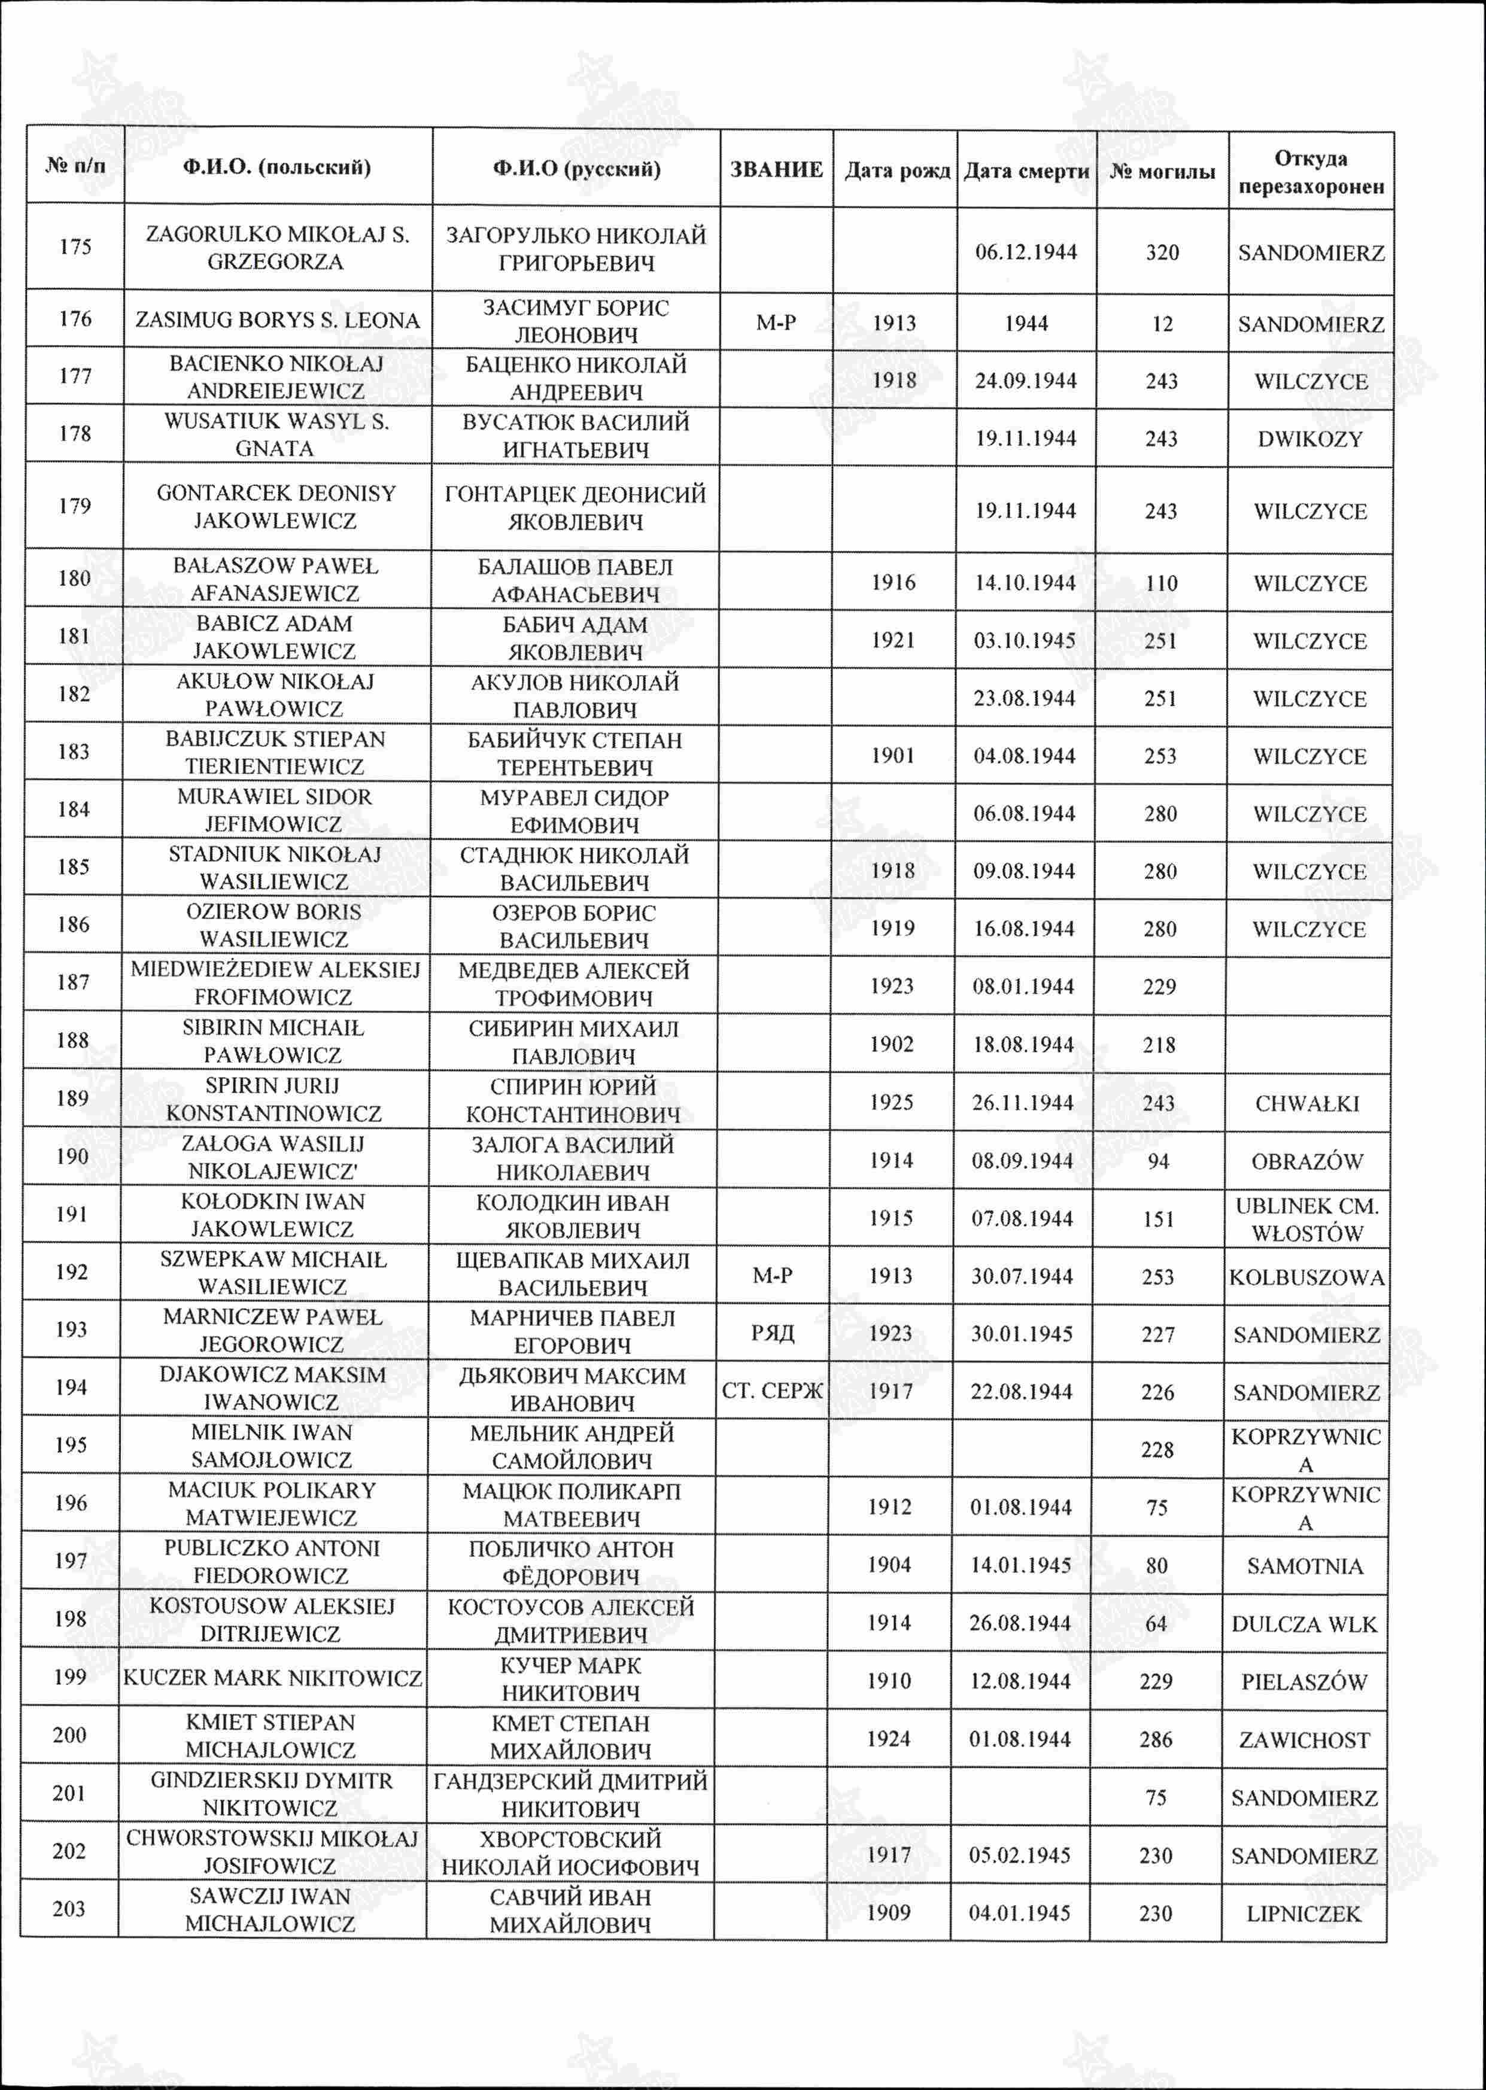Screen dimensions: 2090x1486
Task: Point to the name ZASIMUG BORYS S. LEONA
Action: (277, 320)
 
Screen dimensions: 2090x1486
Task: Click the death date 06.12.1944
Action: (1026, 252)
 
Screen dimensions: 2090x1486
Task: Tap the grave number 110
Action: (1161, 583)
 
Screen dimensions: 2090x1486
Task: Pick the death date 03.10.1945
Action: (1024, 640)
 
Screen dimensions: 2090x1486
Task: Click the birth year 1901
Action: (892, 756)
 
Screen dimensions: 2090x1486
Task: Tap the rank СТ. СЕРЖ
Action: (772, 1391)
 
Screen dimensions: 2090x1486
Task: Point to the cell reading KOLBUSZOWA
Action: (1306, 1277)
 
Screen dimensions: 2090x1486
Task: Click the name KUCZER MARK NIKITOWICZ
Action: (273, 1678)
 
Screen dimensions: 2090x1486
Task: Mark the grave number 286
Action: (1156, 1739)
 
